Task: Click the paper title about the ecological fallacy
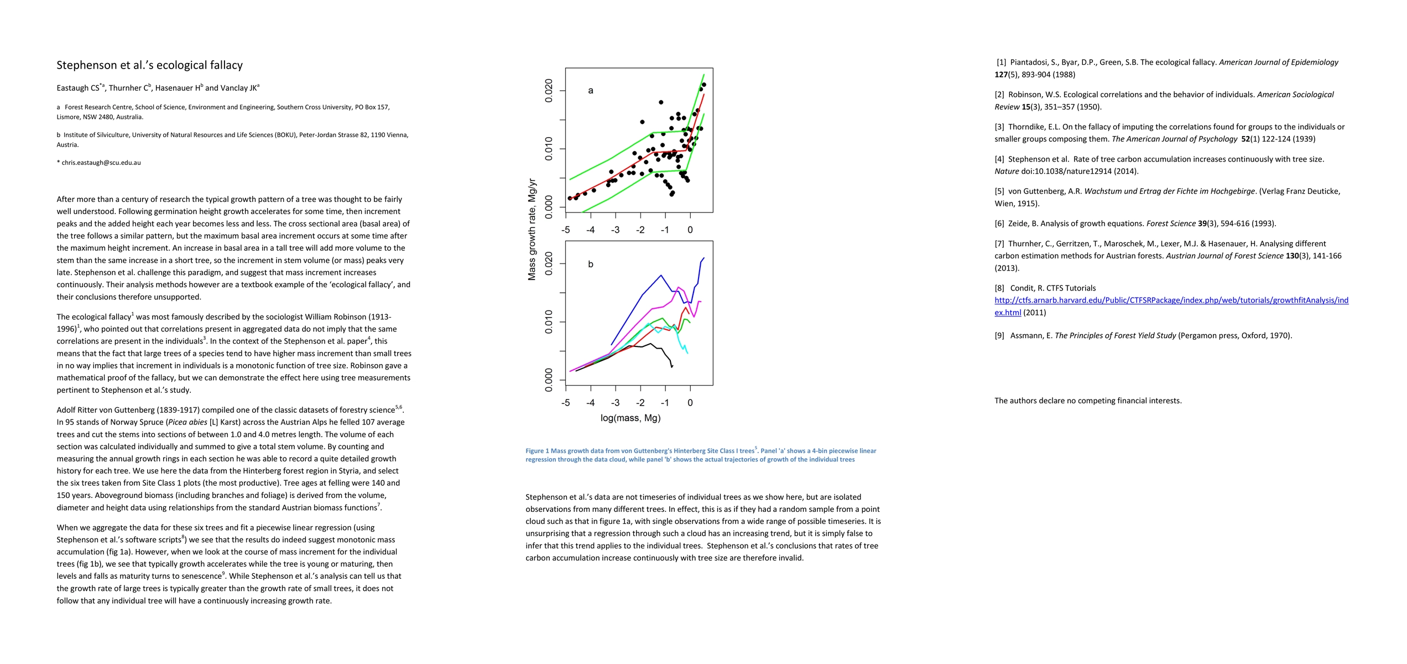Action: pyautogui.click(x=149, y=65)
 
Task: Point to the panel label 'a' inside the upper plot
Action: pyautogui.click(x=591, y=91)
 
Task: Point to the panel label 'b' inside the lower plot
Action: pyautogui.click(x=591, y=264)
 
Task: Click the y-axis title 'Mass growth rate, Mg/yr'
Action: pyautogui.click(x=532, y=229)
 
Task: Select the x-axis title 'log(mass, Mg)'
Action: pyautogui.click(x=630, y=418)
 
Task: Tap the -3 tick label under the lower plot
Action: pyautogui.click(x=615, y=403)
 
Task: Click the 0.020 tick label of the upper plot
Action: pyautogui.click(x=549, y=91)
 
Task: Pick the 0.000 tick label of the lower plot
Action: pyautogui.click(x=549, y=380)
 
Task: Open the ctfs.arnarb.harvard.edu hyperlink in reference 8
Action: pyautogui.click(x=1171, y=300)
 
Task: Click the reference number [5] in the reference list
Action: pyautogui.click(x=999, y=191)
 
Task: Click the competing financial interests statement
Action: pyautogui.click(x=1088, y=401)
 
